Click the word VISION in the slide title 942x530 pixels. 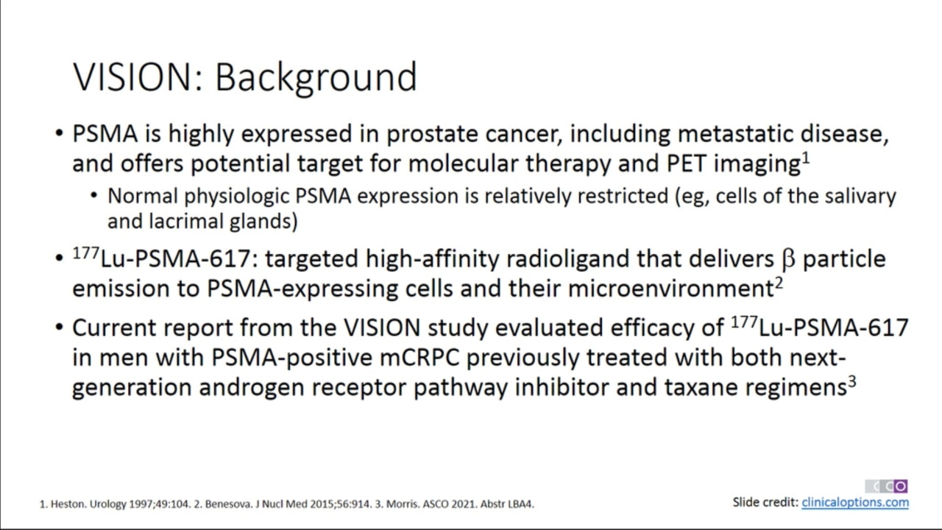(x=138, y=77)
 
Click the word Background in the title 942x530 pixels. (x=316, y=78)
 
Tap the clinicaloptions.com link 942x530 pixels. (x=855, y=502)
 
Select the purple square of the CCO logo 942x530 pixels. (x=900, y=487)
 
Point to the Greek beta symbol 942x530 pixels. (x=788, y=260)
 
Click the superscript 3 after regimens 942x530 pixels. (x=851, y=382)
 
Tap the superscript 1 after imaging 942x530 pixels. (x=805, y=158)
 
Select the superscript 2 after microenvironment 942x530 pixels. (x=779, y=283)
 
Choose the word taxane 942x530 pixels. (x=701, y=387)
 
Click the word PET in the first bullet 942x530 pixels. (x=686, y=163)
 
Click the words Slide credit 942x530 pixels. (x=765, y=502)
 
